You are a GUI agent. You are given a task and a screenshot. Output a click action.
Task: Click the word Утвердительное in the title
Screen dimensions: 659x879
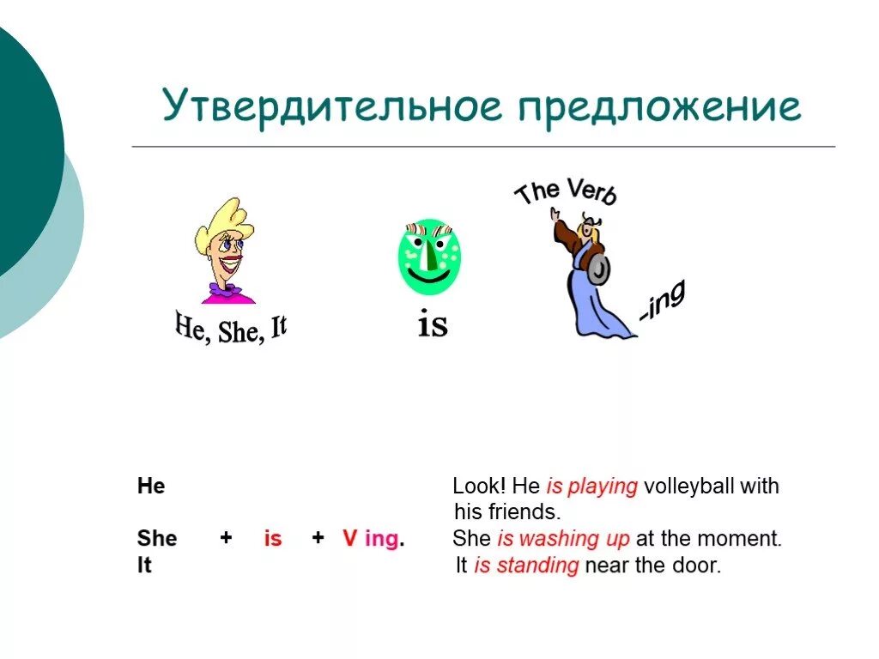coord(330,107)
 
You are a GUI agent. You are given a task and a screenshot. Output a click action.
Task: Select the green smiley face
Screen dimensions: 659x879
coord(428,256)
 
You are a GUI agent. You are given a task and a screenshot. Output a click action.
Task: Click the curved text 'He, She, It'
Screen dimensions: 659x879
coord(230,329)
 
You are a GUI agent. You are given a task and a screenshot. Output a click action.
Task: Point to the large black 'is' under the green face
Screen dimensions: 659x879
coord(433,324)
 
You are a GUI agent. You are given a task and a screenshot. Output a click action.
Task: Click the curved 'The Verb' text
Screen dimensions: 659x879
coord(565,192)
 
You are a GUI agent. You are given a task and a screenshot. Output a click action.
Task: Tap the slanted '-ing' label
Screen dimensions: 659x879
coord(662,304)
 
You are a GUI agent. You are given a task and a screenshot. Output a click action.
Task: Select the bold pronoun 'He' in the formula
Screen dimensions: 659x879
coord(151,487)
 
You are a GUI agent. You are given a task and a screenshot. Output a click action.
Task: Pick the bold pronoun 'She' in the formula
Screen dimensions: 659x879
coord(157,539)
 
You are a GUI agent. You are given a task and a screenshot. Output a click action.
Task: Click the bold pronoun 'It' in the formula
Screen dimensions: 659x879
coord(144,566)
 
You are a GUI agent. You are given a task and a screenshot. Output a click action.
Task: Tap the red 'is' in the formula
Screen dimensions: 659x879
coord(273,539)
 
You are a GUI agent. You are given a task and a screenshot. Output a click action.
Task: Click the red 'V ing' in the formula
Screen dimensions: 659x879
coord(372,539)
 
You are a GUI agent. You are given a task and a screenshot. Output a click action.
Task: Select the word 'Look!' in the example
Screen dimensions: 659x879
coord(476,487)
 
